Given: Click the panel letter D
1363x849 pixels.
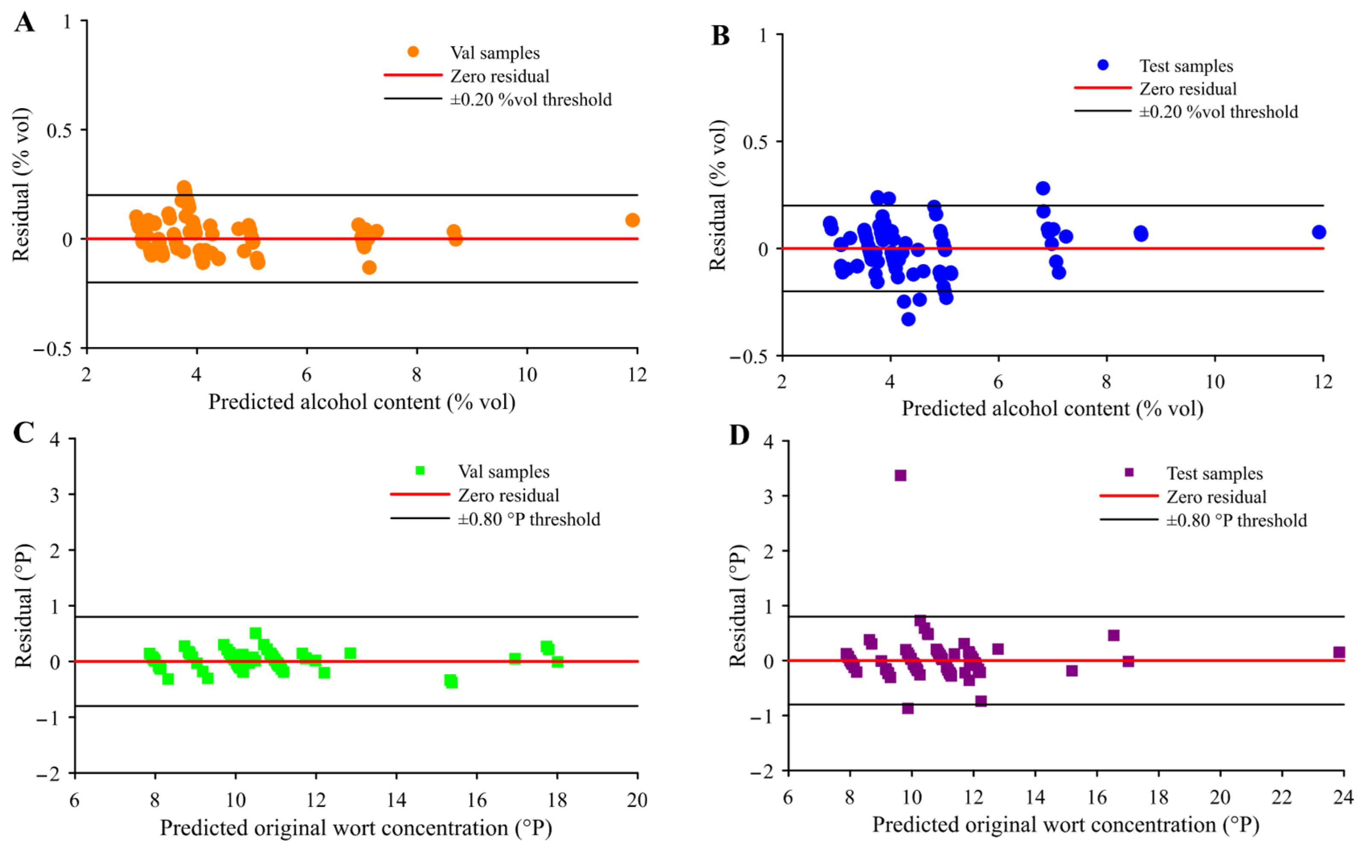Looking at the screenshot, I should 739,435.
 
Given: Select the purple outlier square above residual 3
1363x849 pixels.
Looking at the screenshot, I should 900,476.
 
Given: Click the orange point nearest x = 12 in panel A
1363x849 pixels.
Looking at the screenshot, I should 632,220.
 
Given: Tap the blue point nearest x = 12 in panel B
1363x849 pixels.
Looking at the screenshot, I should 1319,232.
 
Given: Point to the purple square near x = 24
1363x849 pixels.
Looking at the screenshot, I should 1339,652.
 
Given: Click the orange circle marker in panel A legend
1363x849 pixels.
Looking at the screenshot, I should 413,52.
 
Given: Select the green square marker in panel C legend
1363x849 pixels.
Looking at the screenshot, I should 420,470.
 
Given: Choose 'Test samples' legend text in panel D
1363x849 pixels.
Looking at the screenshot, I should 1214,473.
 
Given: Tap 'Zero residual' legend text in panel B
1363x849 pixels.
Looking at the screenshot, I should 1188,89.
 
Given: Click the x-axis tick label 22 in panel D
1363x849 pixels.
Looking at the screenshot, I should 1281,797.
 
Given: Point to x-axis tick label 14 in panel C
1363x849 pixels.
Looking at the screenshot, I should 396,799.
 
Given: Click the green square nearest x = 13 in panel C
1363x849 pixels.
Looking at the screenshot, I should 350,653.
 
